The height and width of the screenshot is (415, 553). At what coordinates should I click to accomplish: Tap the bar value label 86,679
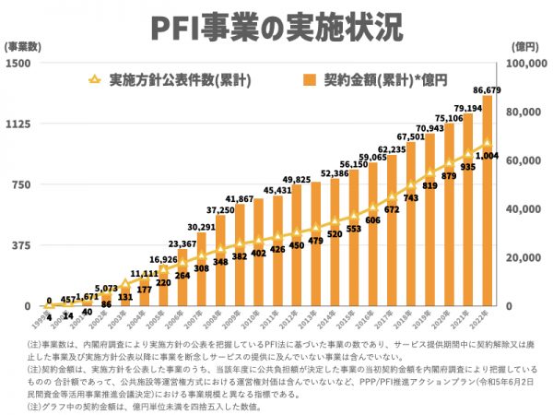pos(487,90)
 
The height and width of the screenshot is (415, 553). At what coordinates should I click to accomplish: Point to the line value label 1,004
pos(487,156)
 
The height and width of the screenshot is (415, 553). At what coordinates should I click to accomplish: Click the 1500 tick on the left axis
pos(19,63)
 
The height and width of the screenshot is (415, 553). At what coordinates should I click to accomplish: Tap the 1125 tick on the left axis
pos(19,124)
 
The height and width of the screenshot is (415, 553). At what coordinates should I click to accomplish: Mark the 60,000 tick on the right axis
pos(522,160)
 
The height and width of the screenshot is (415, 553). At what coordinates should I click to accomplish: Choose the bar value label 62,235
pos(391,149)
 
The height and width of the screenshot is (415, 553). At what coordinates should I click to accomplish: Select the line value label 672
pos(391,209)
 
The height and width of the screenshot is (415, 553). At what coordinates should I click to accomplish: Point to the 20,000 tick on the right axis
pos(522,257)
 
